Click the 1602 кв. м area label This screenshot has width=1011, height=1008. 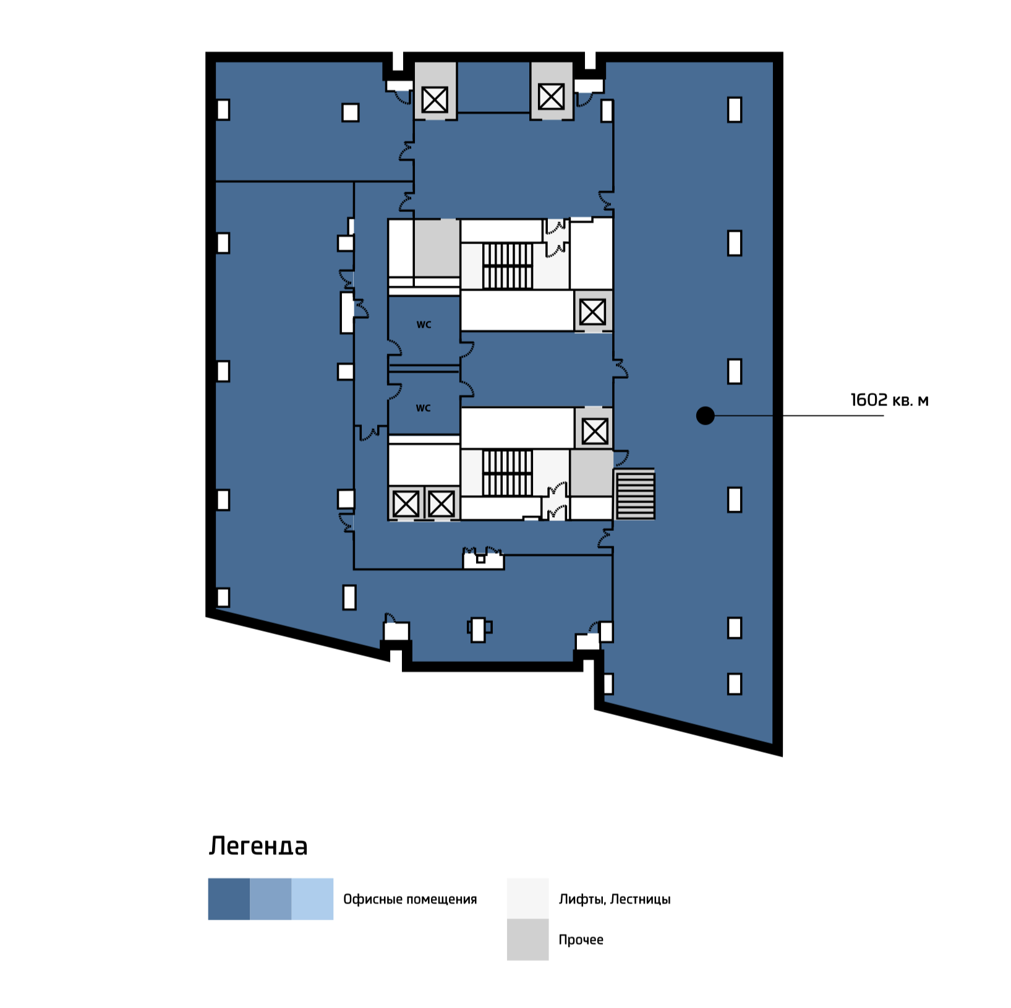pyautogui.click(x=889, y=400)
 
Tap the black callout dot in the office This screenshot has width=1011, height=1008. pyautogui.click(x=705, y=415)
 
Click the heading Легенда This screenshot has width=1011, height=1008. pyautogui.click(x=258, y=845)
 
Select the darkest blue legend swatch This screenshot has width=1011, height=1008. pyautogui.click(x=229, y=899)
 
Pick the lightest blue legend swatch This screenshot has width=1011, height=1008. pyautogui.click(x=312, y=899)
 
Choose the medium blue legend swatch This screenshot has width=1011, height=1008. pyautogui.click(x=270, y=899)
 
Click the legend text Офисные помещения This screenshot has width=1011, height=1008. pyautogui.click(x=410, y=899)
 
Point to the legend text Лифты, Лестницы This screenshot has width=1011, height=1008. pyautogui.click(x=615, y=899)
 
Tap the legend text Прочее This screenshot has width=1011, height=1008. pyautogui.click(x=581, y=940)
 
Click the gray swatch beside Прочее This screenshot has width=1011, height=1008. pyautogui.click(x=527, y=939)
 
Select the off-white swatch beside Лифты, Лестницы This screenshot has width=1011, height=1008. pyautogui.click(x=527, y=899)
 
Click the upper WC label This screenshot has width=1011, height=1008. pyautogui.click(x=424, y=324)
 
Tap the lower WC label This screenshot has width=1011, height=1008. pyautogui.click(x=423, y=408)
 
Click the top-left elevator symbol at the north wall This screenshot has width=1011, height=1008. pyautogui.click(x=435, y=100)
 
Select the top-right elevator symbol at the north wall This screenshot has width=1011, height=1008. pyautogui.click(x=551, y=96)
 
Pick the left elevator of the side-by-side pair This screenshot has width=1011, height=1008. pyautogui.click(x=406, y=504)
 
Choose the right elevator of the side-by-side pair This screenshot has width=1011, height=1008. pyautogui.click(x=442, y=504)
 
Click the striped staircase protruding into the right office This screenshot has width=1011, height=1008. pyautogui.click(x=635, y=494)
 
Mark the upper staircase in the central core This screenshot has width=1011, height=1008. pyautogui.click(x=508, y=266)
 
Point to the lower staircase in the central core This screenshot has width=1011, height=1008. pyautogui.click(x=508, y=473)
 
